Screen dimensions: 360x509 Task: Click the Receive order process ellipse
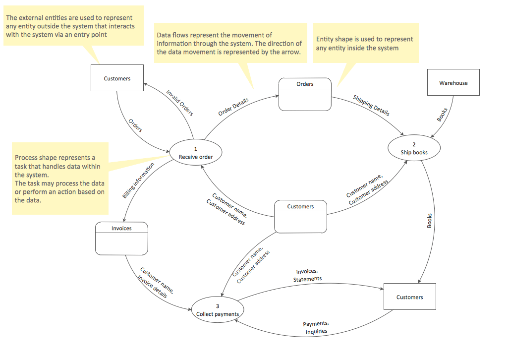[x=196, y=153]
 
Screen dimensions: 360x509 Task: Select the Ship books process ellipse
[x=414, y=149]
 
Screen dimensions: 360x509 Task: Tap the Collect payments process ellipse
[x=217, y=310]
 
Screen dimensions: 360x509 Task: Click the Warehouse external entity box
[x=453, y=82]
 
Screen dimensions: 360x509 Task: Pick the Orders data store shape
[x=305, y=94]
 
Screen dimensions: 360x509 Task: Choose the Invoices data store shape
[x=121, y=238]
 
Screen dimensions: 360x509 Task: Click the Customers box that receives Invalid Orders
[x=117, y=78]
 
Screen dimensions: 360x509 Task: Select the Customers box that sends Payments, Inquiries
[x=410, y=297]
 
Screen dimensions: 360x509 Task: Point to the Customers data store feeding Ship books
[x=301, y=216]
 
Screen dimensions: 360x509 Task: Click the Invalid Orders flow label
[x=180, y=103]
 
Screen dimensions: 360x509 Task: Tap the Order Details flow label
[x=233, y=107]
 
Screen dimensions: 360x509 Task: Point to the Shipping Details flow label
[x=371, y=106]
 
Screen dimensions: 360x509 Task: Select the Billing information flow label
[x=138, y=181]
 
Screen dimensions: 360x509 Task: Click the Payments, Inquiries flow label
[x=316, y=328]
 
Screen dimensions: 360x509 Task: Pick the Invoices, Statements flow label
[x=307, y=275]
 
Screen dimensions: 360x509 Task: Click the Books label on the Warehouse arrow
[x=442, y=115]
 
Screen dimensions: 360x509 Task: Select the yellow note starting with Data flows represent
[x=229, y=43]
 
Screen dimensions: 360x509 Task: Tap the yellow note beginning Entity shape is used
[x=366, y=43]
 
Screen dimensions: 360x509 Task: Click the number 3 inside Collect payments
[x=217, y=305]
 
